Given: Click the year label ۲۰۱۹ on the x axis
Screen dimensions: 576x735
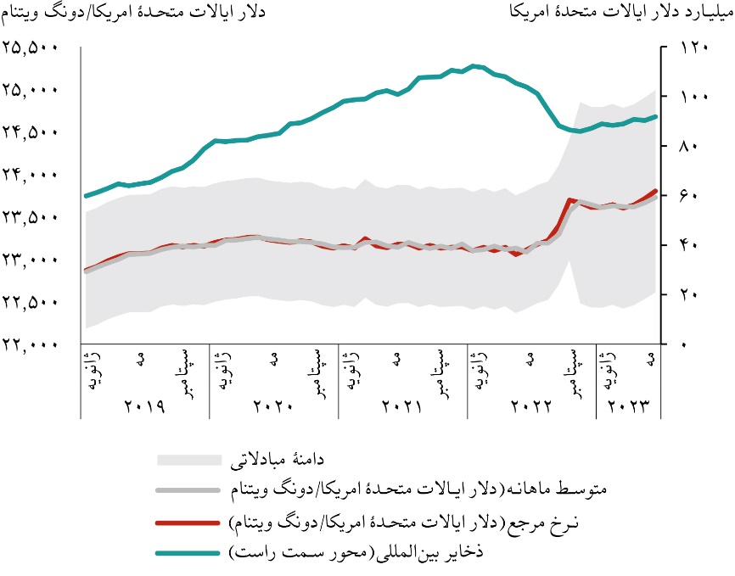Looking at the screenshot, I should pos(144,405).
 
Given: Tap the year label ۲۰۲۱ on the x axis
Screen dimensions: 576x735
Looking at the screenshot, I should pos(402,405).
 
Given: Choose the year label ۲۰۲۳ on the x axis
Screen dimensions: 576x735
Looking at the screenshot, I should pos(629,405).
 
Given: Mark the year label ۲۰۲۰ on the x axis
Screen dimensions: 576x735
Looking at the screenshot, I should pos(273,405).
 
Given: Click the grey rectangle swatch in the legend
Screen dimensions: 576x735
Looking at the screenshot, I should pos(193,460).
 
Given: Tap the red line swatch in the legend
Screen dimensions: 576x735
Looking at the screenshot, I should pos(193,521).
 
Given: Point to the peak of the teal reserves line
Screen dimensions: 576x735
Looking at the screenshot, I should pos(474,65).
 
